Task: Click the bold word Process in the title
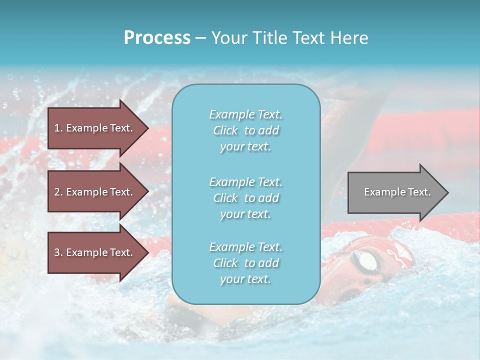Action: click(157, 38)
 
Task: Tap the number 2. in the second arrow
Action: click(58, 192)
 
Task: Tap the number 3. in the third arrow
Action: click(58, 252)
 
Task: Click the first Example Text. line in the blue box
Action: click(245, 114)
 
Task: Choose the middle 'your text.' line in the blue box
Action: click(245, 214)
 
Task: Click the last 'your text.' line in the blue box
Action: click(245, 279)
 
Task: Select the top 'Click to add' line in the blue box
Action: click(245, 130)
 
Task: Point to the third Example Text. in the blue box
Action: click(245, 247)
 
